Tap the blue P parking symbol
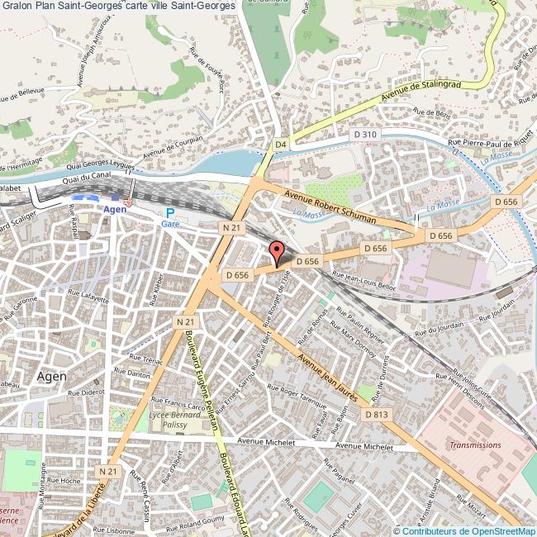click(170, 212)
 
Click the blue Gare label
click(170, 225)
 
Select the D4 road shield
click(280, 145)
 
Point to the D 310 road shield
click(364, 134)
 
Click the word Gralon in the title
click(16, 7)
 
